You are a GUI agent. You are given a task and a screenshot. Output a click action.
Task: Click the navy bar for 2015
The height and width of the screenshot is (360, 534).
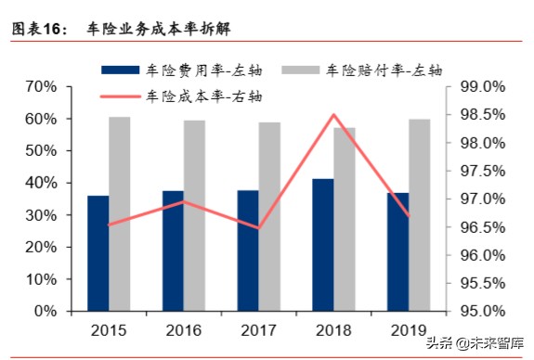98,253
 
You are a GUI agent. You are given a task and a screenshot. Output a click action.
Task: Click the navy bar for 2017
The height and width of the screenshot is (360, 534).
248,251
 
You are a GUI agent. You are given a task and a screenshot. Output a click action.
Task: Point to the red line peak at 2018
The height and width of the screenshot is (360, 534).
333,114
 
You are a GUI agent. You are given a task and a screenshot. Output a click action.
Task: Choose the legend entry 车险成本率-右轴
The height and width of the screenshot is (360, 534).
204,95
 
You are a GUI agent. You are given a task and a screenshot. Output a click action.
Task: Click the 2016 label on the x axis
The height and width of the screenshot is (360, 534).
184,329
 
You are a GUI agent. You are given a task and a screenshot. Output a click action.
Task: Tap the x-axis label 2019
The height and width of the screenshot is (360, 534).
409,329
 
